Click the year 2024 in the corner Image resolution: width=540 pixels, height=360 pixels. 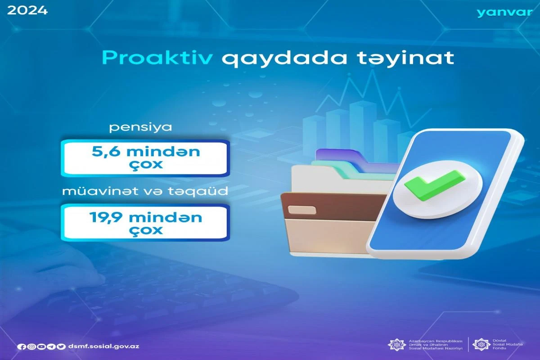pyautogui.click(x=27, y=11)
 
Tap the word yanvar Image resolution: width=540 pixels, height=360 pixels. pyautogui.click(x=504, y=13)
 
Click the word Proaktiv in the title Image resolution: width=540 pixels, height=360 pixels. pyautogui.click(x=157, y=58)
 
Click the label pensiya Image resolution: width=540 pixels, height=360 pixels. pyautogui.click(x=140, y=127)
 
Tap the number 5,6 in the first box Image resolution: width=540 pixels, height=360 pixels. pyautogui.click(x=106, y=152)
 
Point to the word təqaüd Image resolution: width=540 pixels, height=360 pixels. pyautogui.click(x=198, y=191)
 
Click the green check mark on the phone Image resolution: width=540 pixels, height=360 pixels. pyautogui.click(x=435, y=185)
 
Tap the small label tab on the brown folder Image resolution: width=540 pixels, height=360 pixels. pyautogui.click(x=302, y=210)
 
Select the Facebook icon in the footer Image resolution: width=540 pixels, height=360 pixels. pyautogui.click(x=21, y=347)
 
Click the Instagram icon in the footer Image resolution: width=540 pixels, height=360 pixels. pyautogui.click(x=31, y=347)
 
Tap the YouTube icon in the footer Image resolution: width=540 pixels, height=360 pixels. pyautogui.click(x=41, y=347)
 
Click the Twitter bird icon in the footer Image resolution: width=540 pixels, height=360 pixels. pyautogui.click(x=61, y=347)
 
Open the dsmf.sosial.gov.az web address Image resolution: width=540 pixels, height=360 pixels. pyautogui.click(x=103, y=346)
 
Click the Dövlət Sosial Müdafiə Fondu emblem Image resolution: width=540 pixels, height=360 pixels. pyautogui.click(x=481, y=344)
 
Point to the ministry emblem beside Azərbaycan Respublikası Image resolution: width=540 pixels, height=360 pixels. pyautogui.click(x=396, y=345)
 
